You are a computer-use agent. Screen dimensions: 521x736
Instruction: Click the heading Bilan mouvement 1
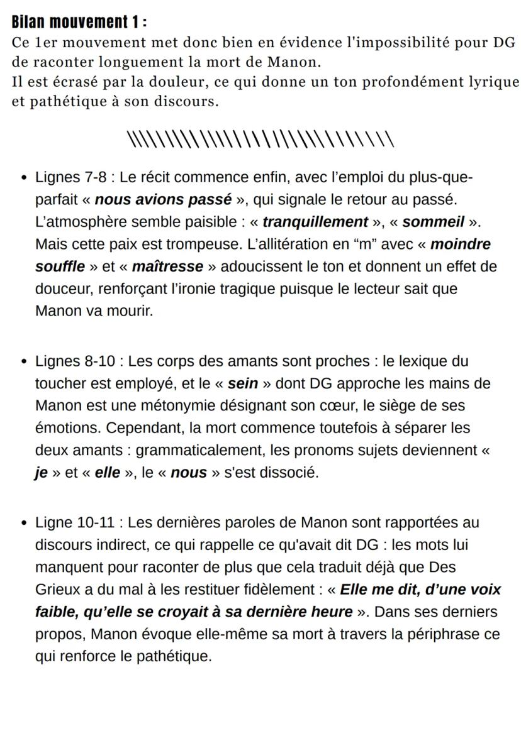tap(79, 23)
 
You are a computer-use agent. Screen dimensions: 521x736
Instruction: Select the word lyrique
tap(493, 82)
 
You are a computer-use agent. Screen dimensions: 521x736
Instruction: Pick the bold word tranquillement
tap(315, 222)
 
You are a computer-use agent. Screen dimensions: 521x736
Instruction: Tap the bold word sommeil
tap(433, 222)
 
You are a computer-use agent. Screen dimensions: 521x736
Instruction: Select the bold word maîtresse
tap(167, 266)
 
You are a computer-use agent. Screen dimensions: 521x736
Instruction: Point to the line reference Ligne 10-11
tap(75, 522)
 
